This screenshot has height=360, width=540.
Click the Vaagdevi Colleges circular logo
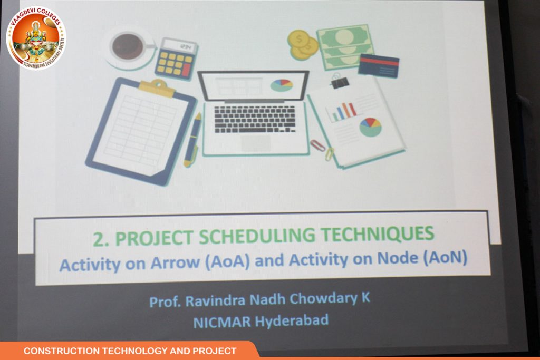[36, 38]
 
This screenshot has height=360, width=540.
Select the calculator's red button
[186, 70]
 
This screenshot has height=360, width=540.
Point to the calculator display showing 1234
[179, 46]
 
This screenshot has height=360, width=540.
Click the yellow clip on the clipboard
[157, 87]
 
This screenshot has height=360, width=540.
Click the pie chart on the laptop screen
[282, 85]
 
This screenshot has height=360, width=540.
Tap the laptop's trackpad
[255, 143]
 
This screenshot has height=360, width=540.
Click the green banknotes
[345, 46]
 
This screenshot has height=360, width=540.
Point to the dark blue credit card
[379, 65]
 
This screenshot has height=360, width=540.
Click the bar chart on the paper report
[342, 111]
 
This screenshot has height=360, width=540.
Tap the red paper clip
[317, 145]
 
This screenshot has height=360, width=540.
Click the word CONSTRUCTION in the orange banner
[61, 351]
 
